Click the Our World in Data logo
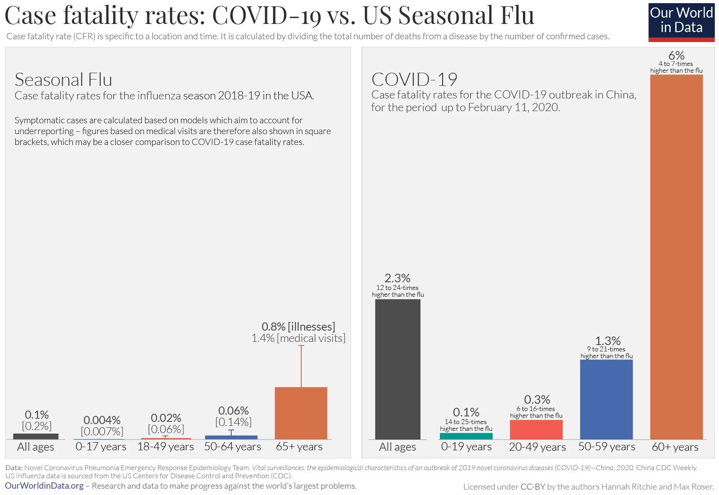(x=681, y=21)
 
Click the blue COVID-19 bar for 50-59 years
(x=606, y=399)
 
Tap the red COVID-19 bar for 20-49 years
(x=536, y=430)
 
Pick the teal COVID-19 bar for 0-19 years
(x=466, y=436)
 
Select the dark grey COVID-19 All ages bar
(x=397, y=369)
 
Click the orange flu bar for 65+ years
(x=301, y=413)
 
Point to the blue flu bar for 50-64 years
(x=231, y=437)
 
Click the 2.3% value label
(x=397, y=278)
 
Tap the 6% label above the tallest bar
(x=676, y=55)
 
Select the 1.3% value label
(x=607, y=341)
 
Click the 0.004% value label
(x=102, y=420)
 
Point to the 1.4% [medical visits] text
(x=298, y=338)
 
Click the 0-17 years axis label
(x=101, y=447)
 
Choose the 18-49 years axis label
(x=165, y=447)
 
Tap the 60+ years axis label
(x=675, y=447)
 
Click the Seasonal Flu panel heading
(x=63, y=79)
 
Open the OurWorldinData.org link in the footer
(x=44, y=486)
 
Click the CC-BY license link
(x=532, y=486)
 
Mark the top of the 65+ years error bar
(x=301, y=346)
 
